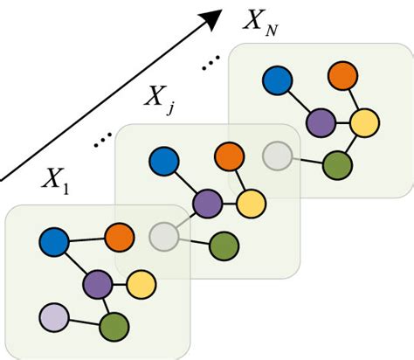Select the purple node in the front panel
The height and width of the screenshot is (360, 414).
tap(98, 283)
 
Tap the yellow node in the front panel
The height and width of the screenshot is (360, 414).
tap(141, 284)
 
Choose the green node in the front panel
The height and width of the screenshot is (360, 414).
tap(114, 328)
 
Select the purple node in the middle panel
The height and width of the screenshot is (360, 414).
tap(207, 204)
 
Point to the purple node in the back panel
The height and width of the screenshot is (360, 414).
tap(320, 121)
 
